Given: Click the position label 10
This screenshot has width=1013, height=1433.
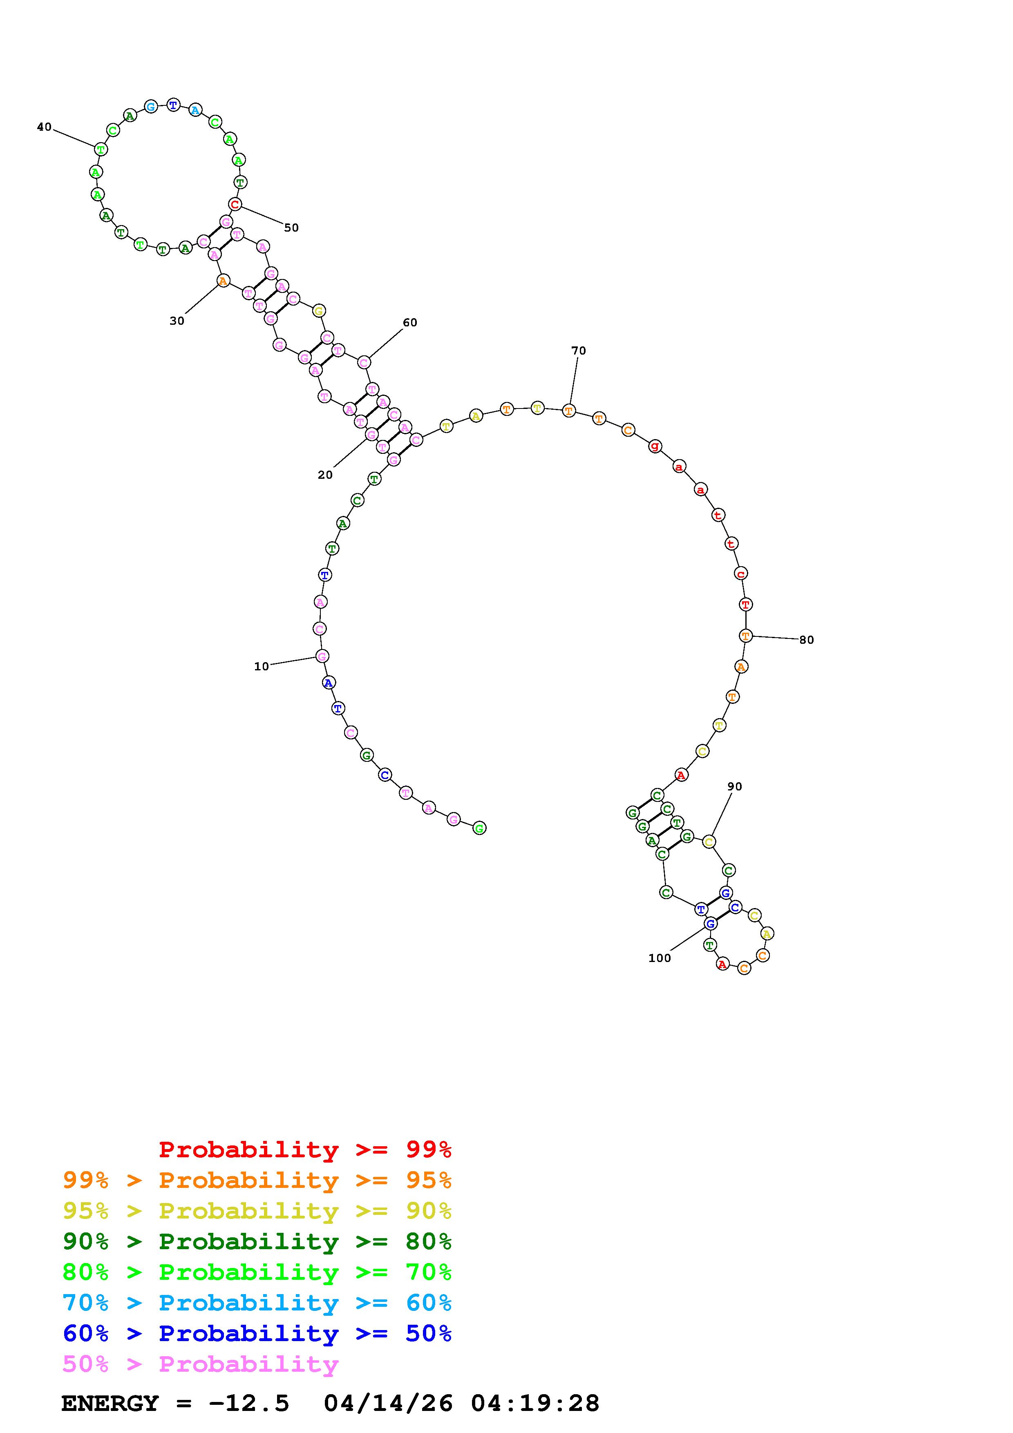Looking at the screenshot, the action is click(262, 667).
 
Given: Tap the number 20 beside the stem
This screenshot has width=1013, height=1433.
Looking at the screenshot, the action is click(325, 475).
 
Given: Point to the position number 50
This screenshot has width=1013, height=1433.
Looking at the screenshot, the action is click(291, 228).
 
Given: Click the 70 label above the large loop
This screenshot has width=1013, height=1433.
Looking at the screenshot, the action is click(579, 351).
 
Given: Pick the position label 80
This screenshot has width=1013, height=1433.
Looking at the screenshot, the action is click(806, 640).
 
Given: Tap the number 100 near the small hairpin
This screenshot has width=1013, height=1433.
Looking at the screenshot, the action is click(660, 958).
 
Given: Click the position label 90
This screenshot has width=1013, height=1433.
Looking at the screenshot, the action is click(735, 786).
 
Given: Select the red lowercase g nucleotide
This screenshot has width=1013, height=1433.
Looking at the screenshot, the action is click(655, 446).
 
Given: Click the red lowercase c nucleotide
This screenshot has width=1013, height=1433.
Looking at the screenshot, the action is click(741, 574).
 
